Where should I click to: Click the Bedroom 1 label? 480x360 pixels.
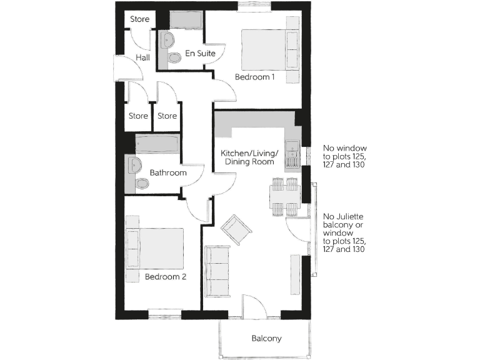[x=254, y=77]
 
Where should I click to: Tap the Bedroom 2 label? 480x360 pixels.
[x=166, y=276]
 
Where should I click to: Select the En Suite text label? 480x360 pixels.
[x=200, y=54]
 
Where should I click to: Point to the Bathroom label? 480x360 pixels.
[x=167, y=172]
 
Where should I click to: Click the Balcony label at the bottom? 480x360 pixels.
[x=266, y=339]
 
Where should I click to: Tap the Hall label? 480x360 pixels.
[x=143, y=57]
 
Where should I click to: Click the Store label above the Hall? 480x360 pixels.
[x=139, y=19]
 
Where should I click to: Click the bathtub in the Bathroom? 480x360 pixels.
[x=157, y=144]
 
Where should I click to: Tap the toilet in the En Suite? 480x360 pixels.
[x=174, y=57]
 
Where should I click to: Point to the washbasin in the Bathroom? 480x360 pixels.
[x=134, y=166]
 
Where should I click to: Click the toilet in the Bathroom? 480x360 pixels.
[x=141, y=184]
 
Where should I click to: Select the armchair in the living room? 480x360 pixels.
[x=237, y=229]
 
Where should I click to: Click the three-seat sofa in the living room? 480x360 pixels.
[x=218, y=271]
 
